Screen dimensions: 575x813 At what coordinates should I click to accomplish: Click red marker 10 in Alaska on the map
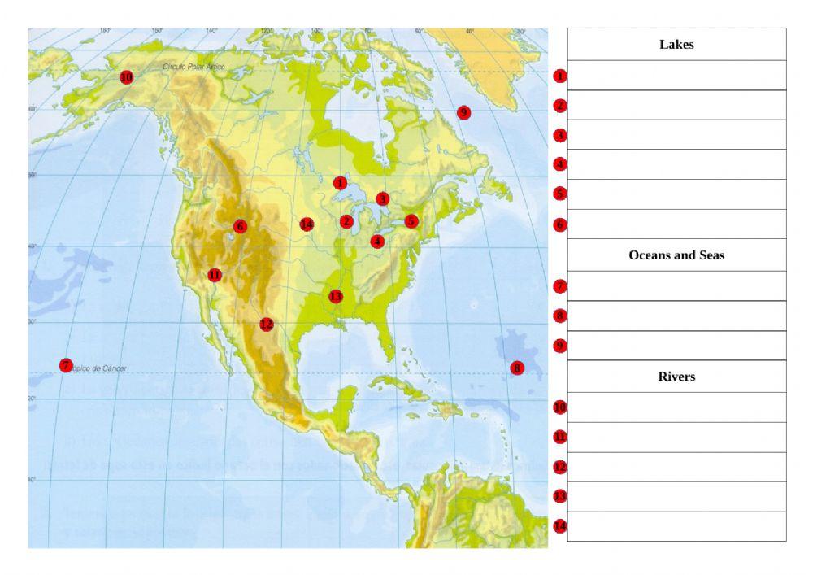[126, 77]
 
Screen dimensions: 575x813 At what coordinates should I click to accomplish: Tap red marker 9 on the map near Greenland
[463, 112]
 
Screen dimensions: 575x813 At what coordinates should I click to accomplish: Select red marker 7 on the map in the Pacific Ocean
[66, 366]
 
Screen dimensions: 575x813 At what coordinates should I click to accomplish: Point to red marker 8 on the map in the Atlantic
[517, 368]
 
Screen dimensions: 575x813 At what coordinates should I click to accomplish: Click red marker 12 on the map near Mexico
[267, 324]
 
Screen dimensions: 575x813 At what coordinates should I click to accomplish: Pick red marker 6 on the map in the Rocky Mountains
[240, 226]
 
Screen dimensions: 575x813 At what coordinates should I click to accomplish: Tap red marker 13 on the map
[336, 297]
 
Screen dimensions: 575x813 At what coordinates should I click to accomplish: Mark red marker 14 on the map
[307, 224]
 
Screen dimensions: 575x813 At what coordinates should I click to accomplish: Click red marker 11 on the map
[214, 275]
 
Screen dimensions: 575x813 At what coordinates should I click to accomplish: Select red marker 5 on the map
[411, 221]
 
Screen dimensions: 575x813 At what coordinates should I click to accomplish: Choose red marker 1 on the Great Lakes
[340, 183]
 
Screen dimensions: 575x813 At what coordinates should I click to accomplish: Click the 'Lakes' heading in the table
[676, 45]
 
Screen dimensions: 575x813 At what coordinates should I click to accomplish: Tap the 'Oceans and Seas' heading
[676, 255]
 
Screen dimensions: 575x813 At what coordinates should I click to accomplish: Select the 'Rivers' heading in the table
[676, 377]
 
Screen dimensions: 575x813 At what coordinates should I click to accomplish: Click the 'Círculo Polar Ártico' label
[193, 67]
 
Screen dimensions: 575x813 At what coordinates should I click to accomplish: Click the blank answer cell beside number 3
[676, 135]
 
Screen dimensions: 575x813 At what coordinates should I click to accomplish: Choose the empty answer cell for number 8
[676, 316]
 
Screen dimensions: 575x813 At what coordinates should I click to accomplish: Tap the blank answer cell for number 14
[676, 526]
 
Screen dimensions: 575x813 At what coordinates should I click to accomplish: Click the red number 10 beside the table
[559, 407]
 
